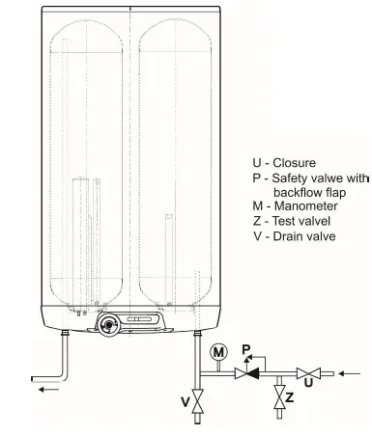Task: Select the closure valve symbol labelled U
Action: point(308,371)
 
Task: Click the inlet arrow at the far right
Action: point(351,371)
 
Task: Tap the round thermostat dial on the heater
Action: point(106,321)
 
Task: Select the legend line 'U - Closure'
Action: point(285,164)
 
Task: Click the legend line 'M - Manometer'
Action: point(294,207)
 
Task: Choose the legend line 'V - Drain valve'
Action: point(294,236)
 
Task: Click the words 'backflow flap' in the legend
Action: point(308,193)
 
